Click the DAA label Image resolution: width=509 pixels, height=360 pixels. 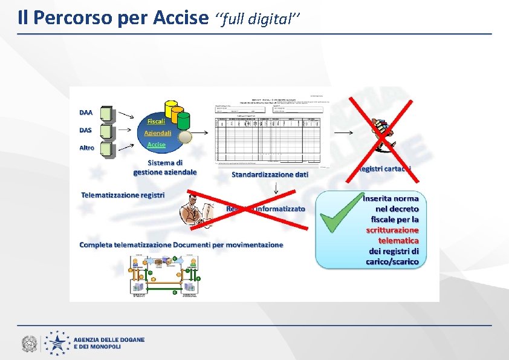tap(86, 112)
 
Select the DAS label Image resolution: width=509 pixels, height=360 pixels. tap(86, 129)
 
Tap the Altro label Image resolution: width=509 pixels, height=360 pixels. tap(88, 148)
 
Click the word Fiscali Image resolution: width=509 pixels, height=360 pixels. tap(156, 121)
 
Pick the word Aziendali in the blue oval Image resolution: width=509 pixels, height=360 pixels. tap(158, 133)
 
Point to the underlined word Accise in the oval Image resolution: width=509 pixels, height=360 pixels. tap(157, 145)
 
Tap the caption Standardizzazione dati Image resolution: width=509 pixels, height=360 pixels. tap(270, 174)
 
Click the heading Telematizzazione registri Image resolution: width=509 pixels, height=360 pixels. tap(123, 195)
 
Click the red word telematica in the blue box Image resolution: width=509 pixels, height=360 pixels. tap(398, 240)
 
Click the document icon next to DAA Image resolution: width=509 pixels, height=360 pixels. tap(106, 113)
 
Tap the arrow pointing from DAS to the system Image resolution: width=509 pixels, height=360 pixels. tap(126, 129)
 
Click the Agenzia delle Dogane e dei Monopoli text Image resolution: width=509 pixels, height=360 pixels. tap(109, 343)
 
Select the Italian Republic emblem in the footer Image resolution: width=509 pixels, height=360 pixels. tap(29, 344)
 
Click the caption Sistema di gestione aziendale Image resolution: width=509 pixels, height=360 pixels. tap(165, 167)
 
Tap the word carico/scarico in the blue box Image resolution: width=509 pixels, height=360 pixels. tap(392, 261)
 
